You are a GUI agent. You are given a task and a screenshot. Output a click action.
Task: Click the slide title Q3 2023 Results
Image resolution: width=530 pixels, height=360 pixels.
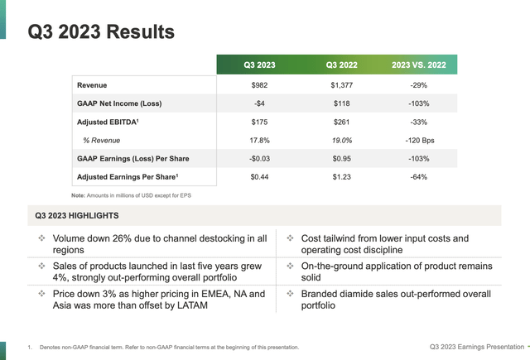[x=101, y=31]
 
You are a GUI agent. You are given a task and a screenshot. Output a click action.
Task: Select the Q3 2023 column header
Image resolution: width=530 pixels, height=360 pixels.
[x=260, y=65]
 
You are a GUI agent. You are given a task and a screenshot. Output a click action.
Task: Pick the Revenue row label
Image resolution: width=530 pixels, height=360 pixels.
[x=92, y=85]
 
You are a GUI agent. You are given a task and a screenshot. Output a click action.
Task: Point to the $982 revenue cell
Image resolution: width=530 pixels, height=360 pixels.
[x=260, y=85]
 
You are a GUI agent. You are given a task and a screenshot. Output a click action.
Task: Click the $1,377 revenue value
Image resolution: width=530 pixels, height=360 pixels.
[x=343, y=85]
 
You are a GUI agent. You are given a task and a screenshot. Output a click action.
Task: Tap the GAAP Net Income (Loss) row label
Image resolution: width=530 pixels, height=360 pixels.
[x=118, y=103]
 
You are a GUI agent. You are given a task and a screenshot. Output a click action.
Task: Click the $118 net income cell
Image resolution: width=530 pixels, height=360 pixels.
[x=343, y=103]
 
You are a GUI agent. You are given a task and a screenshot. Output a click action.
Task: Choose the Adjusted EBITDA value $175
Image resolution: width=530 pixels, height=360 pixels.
[x=260, y=122]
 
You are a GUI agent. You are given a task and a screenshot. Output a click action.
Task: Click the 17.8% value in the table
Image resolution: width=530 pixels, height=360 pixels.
[x=260, y=140]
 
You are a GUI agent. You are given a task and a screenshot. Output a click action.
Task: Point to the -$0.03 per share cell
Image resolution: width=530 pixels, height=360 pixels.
[x=260, y=158]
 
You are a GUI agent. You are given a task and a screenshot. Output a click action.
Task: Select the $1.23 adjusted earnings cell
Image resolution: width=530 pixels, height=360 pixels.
[x=343, y=176]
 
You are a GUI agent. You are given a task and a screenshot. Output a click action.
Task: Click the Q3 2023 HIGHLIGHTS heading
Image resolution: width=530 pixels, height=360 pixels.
[x=77, y=216]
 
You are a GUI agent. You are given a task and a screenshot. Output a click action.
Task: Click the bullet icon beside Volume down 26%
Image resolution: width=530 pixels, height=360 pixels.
[x=41, y=238]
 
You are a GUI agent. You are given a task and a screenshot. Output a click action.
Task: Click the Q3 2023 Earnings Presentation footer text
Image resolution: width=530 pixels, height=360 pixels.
[x=475, y=346]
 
